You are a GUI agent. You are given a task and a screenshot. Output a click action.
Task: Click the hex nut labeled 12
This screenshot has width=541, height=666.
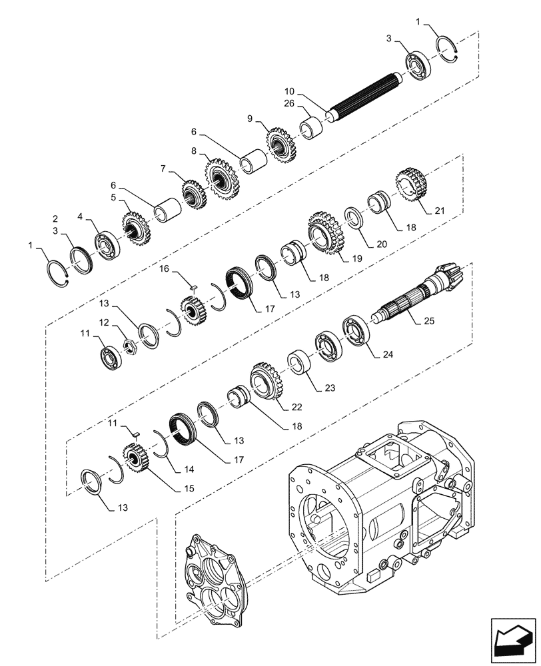[x=129, y=347]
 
